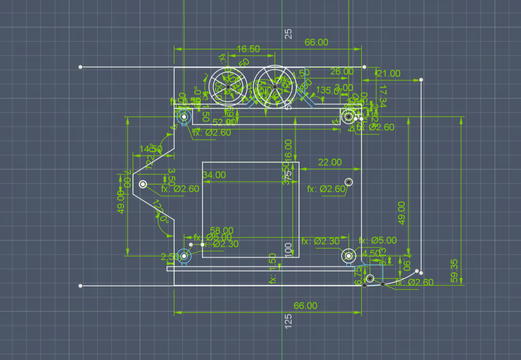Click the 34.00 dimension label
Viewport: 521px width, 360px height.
(214, 175)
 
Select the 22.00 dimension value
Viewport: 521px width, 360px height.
(330, 162)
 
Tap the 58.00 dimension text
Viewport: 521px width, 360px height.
(221, 230)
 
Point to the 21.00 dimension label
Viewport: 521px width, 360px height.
(388, 73)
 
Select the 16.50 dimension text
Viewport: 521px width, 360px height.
(248, 49)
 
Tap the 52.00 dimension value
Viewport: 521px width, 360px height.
(224, 122)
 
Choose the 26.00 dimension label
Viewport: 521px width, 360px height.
(342, 71)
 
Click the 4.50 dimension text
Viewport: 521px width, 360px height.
(370, 253)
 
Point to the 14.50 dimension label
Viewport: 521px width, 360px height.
(151, 149)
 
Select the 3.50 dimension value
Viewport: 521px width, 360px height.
(171, 177)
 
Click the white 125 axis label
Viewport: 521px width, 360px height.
(288, 321)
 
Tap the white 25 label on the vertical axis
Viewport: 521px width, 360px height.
(288, 34)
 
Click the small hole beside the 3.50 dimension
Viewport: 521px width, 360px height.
(143, 184)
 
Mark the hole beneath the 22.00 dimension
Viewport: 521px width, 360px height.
(349, 182)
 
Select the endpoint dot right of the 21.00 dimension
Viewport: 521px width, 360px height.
(421, 80)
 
